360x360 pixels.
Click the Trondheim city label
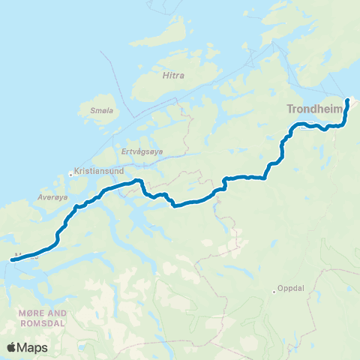pos(314,109)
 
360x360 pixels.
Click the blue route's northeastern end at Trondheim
pos(348,100)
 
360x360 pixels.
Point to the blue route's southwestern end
pos(13,259)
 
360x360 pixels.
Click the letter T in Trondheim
pos(290,109)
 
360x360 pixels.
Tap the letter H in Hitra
pos(164,75)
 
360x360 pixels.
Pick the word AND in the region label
pos(56,313)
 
